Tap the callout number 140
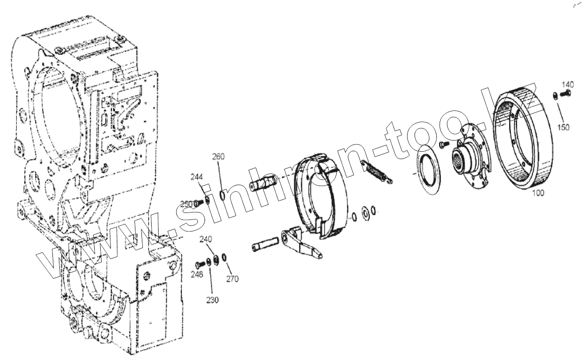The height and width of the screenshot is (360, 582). click(x=568, y=84)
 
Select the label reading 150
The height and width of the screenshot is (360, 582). click(x=563, y=128)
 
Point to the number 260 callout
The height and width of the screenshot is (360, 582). click(x=219, y=157)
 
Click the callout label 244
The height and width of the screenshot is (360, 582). click(x=197, y=177)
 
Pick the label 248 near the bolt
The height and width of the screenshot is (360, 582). click(x=197, y=275)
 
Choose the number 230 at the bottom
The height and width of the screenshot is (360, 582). click(x=212, y=300)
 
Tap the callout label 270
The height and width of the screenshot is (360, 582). click(x=232, y=279)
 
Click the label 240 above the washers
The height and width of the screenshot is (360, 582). click(x=206, y=239)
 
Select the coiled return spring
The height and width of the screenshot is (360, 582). click(x=376, y=170)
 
